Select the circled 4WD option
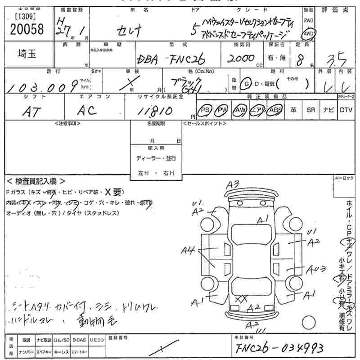(309, 35)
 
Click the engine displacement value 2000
(242, 59)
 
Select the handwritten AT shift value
(31, 112)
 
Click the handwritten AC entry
(87, 111)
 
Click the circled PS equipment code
(206, 110)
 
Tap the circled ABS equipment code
(274, 110)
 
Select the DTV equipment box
(346, 110)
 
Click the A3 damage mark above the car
(234, 184)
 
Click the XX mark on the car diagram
(241, 298)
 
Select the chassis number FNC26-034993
(279, 347)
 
